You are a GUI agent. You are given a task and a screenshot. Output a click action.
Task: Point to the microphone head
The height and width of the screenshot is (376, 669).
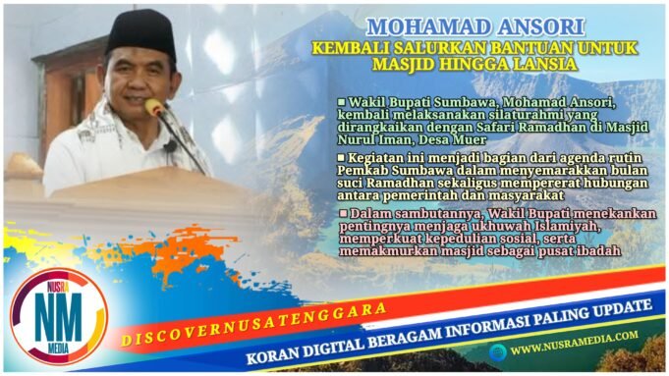coord(155,107)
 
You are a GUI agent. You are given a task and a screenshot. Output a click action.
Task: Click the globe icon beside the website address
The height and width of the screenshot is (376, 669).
coord(500,350)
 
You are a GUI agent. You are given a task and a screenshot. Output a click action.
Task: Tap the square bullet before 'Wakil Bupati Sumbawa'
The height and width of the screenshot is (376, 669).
coord(342,102)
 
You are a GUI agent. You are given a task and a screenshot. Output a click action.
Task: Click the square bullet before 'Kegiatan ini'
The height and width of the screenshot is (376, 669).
coord(342,157)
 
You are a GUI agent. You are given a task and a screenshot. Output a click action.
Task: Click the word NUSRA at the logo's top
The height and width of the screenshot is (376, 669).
coord(57,283)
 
